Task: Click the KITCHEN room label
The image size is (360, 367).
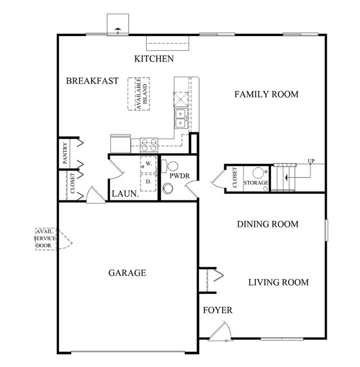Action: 154,59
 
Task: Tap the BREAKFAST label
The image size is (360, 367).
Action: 92,80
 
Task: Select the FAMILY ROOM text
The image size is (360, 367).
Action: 267,95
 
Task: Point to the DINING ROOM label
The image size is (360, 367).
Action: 268,224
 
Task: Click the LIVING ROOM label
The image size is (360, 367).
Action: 278,283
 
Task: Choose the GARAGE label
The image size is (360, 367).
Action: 127,273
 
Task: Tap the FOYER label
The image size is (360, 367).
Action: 218,310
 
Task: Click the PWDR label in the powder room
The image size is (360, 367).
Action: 179,176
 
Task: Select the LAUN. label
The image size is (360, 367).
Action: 125,194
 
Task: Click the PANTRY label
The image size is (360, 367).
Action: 65,153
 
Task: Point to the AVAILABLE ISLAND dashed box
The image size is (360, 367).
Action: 139,94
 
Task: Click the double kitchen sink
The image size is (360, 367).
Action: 181,119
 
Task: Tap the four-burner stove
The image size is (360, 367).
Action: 149,145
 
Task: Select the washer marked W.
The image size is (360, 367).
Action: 148,164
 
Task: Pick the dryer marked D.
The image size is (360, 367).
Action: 148,182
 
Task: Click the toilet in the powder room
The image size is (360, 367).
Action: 170,166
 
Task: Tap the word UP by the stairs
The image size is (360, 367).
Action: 311,161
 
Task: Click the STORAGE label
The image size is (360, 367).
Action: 256,182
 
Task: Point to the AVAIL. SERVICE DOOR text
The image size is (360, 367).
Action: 45,239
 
